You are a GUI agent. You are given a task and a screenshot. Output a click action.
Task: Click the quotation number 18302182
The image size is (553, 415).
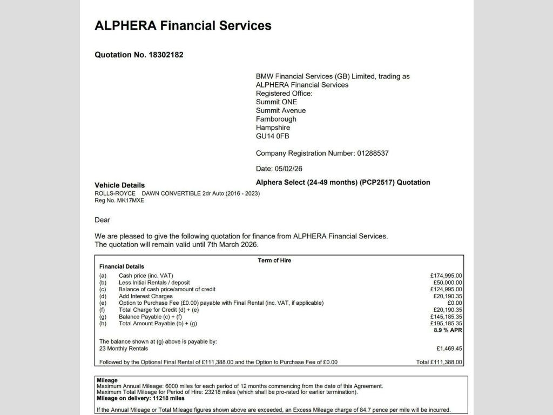[166, 55]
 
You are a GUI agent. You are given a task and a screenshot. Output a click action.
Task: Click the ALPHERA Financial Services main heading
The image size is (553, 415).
[183, 25]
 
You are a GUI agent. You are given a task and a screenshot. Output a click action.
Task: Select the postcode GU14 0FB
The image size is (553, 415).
[272, 136]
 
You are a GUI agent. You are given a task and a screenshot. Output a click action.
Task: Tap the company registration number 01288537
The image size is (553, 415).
[373, 153]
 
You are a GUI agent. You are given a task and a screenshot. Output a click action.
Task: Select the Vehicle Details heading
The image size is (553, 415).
[119, 185]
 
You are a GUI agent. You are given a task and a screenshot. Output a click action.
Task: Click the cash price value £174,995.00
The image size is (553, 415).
[446, 276]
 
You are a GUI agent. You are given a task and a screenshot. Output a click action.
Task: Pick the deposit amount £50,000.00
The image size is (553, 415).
[448, 283]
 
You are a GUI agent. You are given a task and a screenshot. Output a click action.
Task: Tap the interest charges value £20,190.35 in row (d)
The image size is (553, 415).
[448, 296]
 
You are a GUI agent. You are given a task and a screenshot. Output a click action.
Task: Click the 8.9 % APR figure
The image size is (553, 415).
[448, 330]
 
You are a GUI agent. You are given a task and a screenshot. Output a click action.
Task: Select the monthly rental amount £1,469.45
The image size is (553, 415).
[449, 349]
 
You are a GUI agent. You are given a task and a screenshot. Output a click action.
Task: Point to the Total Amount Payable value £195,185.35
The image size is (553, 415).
[446, 324]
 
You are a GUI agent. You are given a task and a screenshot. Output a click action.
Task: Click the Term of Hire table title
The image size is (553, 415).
[274, 260]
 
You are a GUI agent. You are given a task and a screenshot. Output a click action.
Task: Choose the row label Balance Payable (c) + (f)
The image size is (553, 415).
[152, 317]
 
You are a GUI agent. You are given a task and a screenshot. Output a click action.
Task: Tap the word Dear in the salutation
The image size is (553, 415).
[102, 220]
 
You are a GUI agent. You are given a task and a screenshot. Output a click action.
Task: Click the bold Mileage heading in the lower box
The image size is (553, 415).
[107, 380]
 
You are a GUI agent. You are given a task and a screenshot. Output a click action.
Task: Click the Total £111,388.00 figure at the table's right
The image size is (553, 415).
[439, 362]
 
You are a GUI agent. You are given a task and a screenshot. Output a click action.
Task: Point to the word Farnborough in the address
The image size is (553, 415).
[276, 119]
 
